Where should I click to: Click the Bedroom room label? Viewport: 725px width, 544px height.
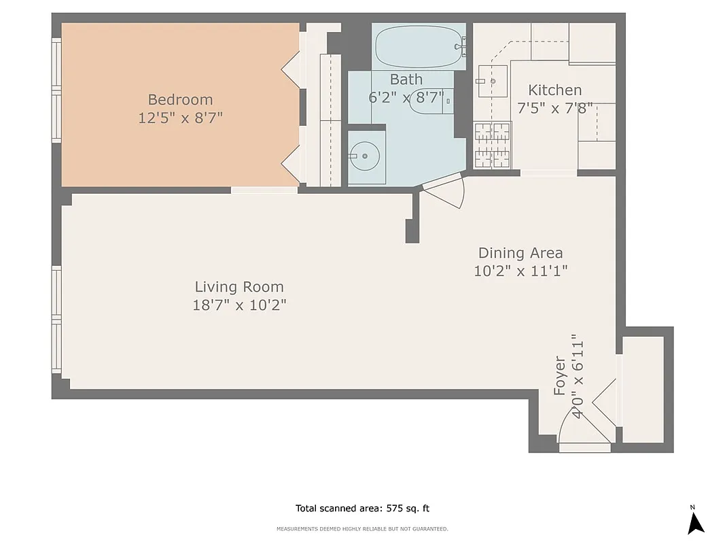[x=180, y=100]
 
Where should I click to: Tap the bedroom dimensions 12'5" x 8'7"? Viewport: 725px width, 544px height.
[x=180, y=118]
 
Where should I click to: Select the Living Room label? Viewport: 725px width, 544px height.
[x=239, y=287]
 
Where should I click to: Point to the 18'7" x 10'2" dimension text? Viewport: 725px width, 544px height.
[x=239, y=305]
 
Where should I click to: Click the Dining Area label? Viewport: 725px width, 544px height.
[x=520, y=253]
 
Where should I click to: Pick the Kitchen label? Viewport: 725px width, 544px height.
[x=554, y=90]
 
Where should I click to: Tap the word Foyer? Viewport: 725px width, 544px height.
[x=560, y=375]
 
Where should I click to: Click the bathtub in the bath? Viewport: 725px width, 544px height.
[x=418, y=46]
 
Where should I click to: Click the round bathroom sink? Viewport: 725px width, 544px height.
[x=366, y=156]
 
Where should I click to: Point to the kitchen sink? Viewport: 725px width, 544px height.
[x=493, y=81]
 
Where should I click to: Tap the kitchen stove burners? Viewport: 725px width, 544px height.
[x=493, y=144]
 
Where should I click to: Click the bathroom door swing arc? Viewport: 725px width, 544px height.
[x=446, y=190]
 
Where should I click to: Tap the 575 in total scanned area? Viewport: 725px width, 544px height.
[x=395, y=508]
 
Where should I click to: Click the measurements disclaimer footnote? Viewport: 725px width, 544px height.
[x=362, y=529]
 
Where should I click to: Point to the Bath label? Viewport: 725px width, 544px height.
[x=406, y=80]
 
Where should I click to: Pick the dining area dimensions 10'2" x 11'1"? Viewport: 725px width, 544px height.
[x=520, y=271]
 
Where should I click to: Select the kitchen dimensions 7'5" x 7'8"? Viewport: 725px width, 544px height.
[x=554, y=107]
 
